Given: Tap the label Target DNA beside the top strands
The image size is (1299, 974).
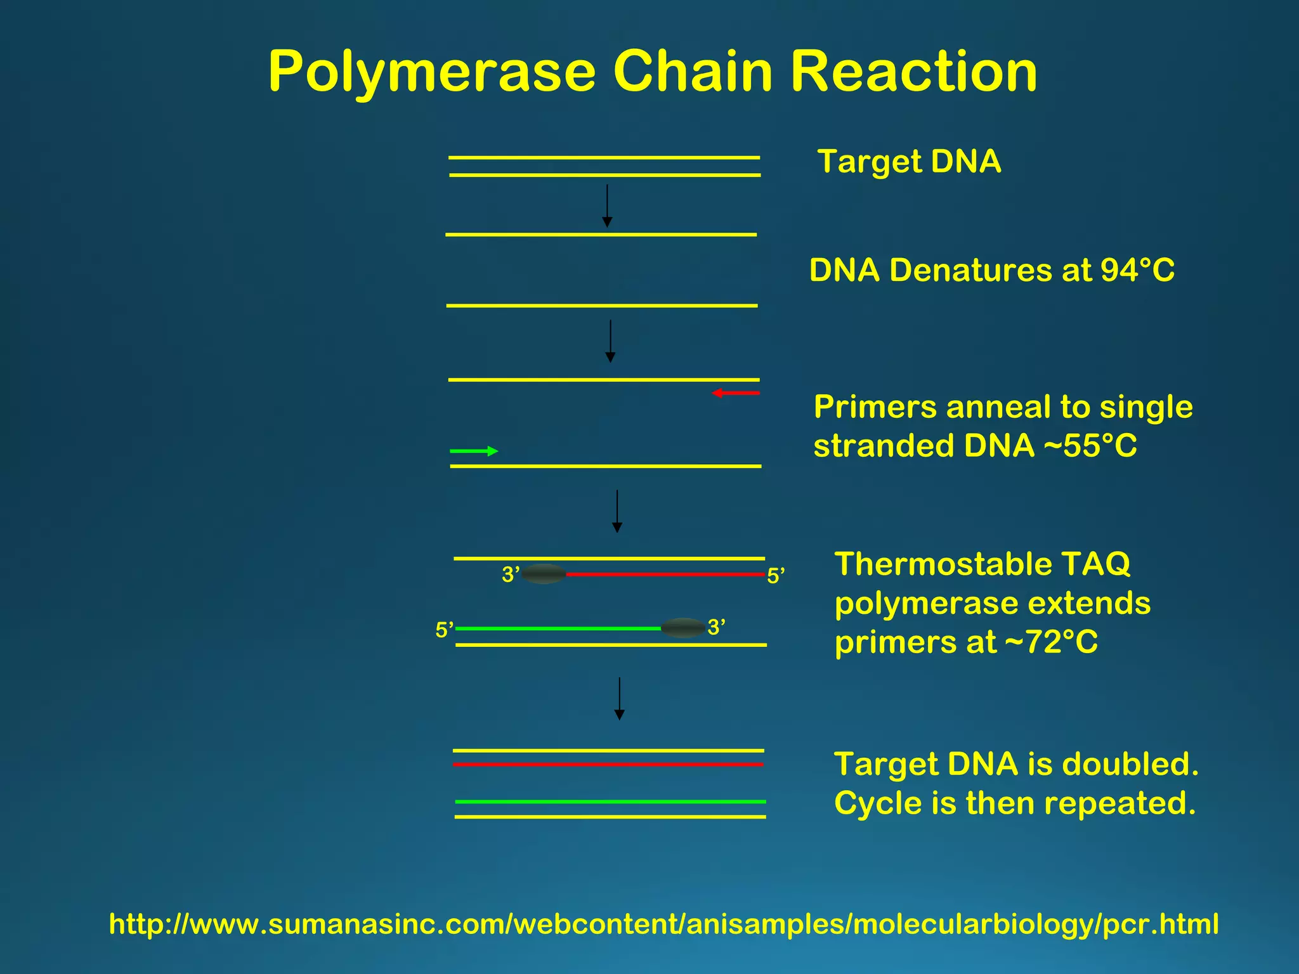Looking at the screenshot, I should click(909, 161).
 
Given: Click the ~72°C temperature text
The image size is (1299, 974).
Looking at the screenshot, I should click(1051, 642).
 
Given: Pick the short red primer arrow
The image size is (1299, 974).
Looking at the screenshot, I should click(736, 393).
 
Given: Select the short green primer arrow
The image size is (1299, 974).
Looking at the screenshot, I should click(474, 451).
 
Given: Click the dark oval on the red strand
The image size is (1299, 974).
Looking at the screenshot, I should click(544, 574).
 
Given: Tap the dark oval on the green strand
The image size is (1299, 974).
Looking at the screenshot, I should click(682, 628).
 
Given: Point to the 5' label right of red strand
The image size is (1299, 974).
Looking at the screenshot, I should click(776, 576).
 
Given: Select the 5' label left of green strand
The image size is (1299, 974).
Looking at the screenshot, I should click(444, 630).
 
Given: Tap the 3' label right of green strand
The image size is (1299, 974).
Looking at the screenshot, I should click(716, 627).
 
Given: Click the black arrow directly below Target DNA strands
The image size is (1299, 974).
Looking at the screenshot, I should click(607, 205).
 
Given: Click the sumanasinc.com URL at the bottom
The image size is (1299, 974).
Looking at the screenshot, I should click(663, 924).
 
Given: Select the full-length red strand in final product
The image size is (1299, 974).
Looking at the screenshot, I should click(608, 765).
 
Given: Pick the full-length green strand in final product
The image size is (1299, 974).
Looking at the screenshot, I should click(610, 802).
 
